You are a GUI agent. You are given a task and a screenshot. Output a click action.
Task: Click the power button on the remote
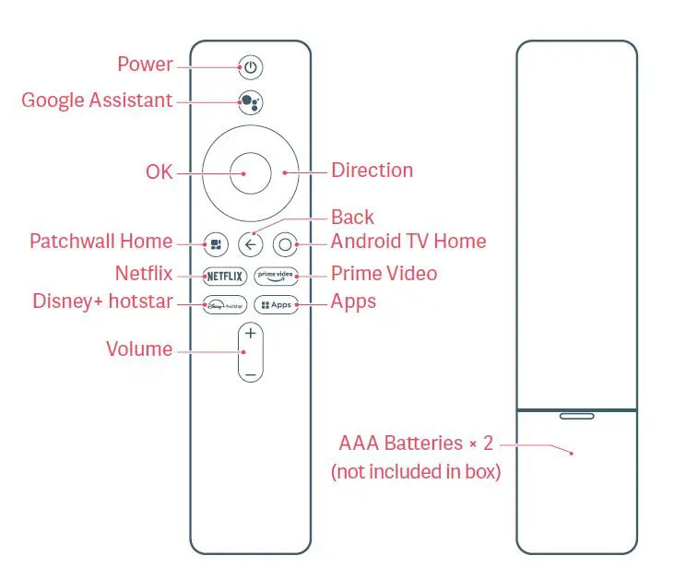click(x=251, y=66)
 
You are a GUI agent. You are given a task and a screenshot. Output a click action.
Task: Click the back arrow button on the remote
click(x=251, y=244)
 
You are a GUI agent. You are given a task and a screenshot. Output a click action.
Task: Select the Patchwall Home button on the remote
click(x=216, y=244)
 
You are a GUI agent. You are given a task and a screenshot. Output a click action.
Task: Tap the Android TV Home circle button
click(x=285, y=244)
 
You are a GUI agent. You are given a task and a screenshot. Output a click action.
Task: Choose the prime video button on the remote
click(x=278, y=275)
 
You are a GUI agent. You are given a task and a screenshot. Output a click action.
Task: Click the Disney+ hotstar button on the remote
click(x=225, y=303)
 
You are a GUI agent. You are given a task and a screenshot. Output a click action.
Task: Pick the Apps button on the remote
click(x=278, y=303)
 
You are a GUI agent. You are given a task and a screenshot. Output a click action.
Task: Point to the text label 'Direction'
click(x=372, y=171)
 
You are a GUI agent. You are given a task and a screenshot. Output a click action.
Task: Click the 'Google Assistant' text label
click(x=97, y=100)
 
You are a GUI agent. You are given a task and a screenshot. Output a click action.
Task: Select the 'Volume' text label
click(x=139, y=349)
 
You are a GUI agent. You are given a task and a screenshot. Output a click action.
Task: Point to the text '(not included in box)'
click(x=416, y=472)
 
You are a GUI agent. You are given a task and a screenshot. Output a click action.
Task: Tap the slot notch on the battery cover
click(x=576, y=416)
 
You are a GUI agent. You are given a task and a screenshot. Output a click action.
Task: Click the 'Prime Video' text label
click(x=384, y=274)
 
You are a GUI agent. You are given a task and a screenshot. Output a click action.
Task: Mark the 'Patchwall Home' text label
click(x=101, y=242)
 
